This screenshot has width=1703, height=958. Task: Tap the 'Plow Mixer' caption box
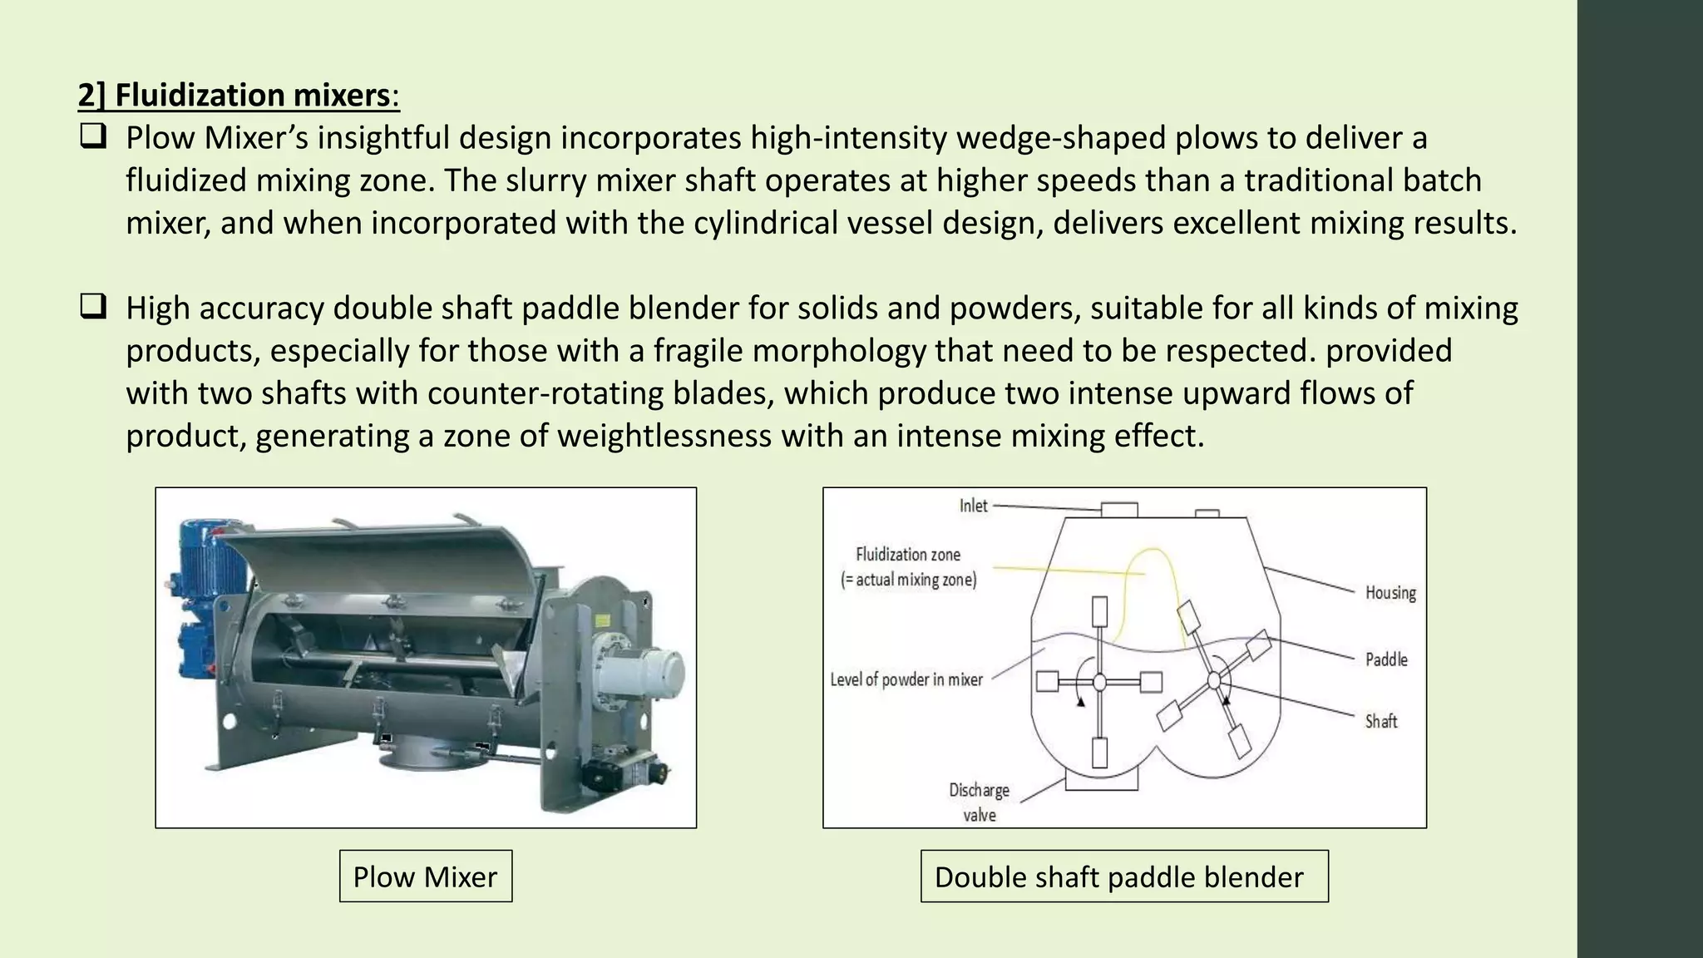426,876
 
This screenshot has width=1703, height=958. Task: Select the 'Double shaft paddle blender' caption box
1124,876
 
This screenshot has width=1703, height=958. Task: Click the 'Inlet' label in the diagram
973,506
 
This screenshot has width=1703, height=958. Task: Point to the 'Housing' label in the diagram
1390,592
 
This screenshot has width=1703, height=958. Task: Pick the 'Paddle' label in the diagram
1386,659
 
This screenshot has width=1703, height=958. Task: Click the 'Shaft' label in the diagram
1381,721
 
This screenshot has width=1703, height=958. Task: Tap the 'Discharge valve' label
980,802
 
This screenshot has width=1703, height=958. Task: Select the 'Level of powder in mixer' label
906,680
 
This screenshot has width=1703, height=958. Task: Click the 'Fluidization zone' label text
908,555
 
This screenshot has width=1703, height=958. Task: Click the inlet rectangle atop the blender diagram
1119,510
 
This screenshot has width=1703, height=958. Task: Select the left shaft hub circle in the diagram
1099,682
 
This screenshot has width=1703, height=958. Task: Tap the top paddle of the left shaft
1099,611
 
